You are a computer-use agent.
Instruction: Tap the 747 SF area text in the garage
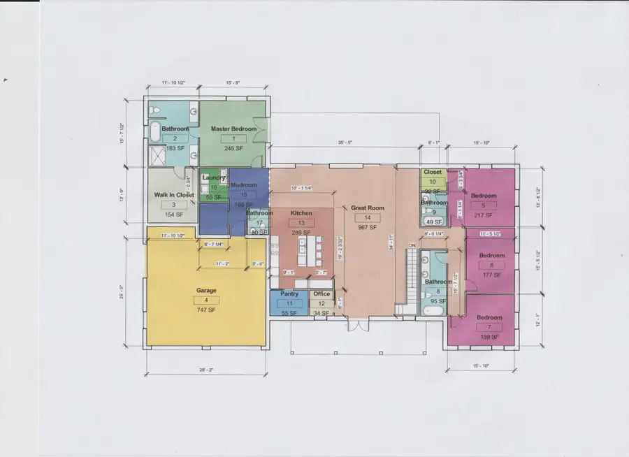pyautogui.click(x=208, y=309)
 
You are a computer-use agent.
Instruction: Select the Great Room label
pyautogui.click(x=368, y=208)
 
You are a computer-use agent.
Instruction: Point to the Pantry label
pyautogui.click(x=289, y=294)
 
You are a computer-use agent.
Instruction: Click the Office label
pyautogui.click(x=321, y=294)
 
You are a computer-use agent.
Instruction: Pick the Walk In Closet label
pyautogui.click(x=174, y=195)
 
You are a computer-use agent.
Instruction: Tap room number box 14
pyautogui.click(x=368, y=217)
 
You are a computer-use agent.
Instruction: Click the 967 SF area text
pyautogui.click(x=368, y=227)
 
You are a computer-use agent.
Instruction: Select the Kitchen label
pyautogui.click(x=301, y=213)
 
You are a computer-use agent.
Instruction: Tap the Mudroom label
pyautogui.click(x=244, y=185)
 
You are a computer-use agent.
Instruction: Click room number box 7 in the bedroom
pyautogui.click(x=489, y=327)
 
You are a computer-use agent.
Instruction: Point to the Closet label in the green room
pyautogui.click(x=433, y=172)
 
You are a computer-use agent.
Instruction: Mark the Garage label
pyautogui.click(x=206, y=290)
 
